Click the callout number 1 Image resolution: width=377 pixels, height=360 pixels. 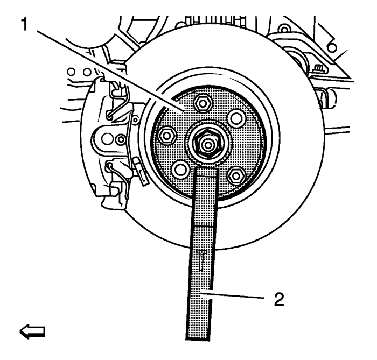25,25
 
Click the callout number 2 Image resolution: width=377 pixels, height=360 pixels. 279,299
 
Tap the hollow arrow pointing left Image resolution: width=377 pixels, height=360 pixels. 32,332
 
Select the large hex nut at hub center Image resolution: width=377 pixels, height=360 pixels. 207,144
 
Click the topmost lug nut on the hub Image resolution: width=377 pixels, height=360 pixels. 203,103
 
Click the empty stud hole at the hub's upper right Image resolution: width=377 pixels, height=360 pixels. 236,117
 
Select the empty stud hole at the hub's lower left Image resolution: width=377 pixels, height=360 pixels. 180,170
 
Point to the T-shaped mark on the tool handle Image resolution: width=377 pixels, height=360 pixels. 201,260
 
